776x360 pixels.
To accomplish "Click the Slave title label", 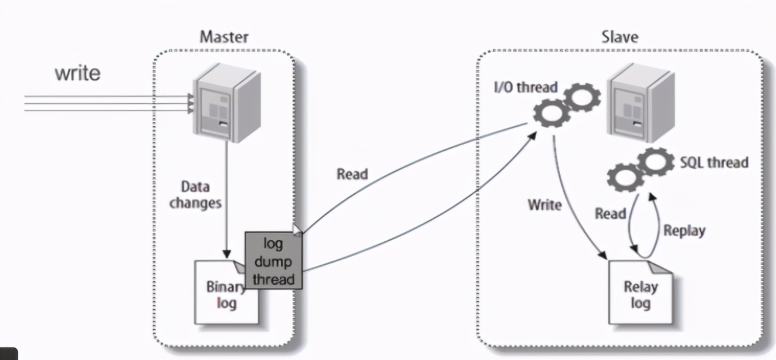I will [x=619, y=36].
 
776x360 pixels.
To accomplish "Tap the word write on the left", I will [x=77, y=73].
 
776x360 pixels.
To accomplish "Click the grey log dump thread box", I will [x=273, y=261].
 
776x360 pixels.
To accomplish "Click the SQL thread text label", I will [x=714, y=162].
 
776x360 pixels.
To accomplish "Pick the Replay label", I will [x=684, y=231].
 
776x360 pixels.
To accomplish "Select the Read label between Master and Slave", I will [x=351, y=174].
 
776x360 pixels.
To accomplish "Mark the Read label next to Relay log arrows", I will [x=610, y=213].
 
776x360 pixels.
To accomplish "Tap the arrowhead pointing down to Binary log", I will [x=227, y=254].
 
